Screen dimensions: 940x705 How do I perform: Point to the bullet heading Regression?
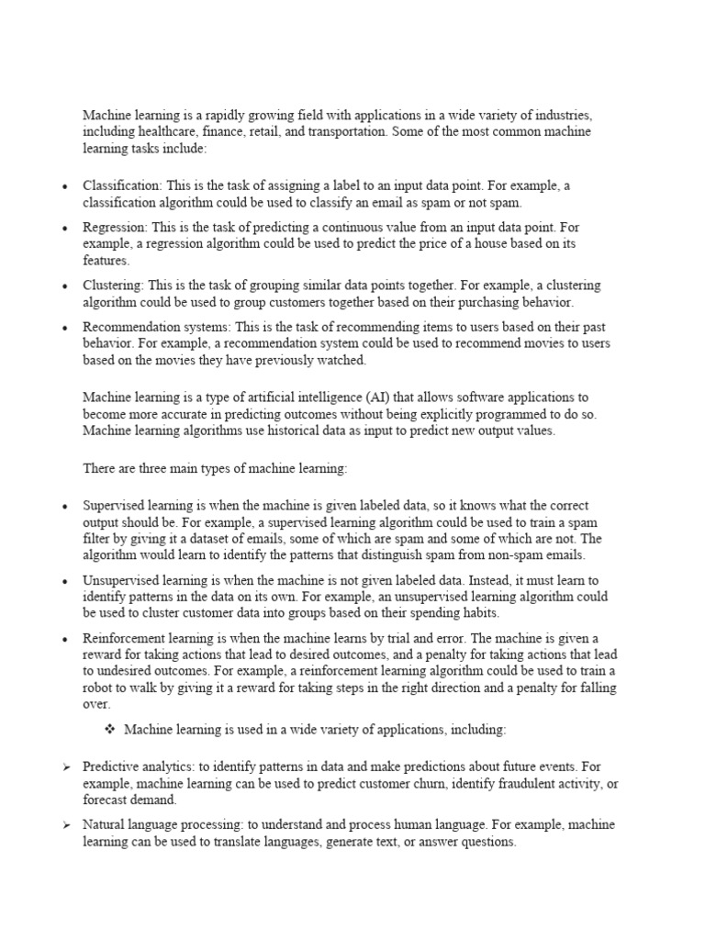coord(116,226)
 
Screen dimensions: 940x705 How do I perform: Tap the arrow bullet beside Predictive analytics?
coord(66,767)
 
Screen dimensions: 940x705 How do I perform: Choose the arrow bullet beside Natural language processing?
coord(66,825)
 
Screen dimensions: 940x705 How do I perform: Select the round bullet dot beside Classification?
coord(65,186)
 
